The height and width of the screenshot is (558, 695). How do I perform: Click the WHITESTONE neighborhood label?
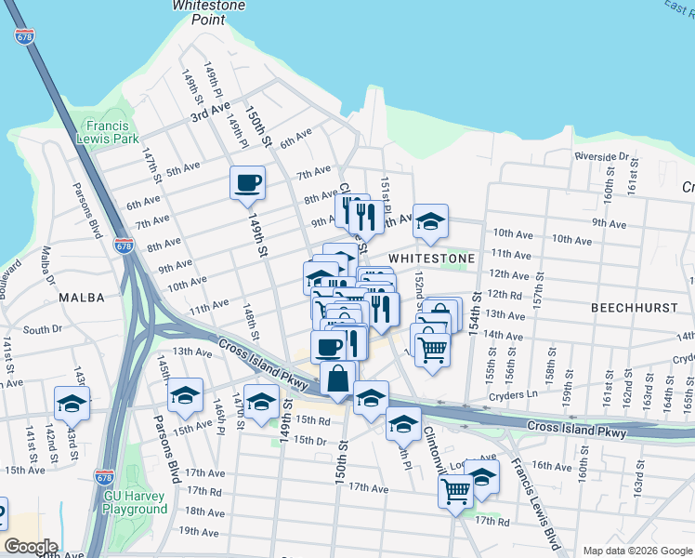(431, 258)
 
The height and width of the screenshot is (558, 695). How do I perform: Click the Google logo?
(30, 547)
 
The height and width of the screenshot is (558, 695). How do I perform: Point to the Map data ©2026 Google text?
(636, 551)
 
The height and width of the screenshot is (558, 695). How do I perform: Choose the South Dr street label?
(42, 329)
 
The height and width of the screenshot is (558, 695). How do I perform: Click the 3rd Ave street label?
(210, 114)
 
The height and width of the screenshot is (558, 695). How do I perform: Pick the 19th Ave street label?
(199, 531)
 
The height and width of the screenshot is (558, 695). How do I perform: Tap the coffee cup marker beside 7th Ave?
(247, 182)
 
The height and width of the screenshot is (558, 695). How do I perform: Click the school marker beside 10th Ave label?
(430, 220)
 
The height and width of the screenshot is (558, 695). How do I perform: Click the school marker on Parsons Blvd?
(185, 395)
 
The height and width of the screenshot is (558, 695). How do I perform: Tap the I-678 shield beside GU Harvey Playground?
(105, 478)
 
